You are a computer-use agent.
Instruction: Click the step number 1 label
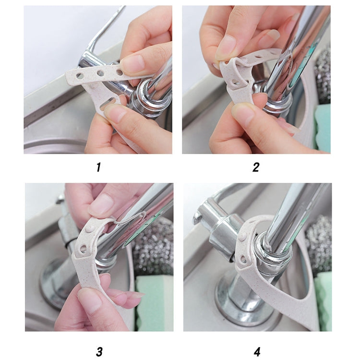coord(98,167)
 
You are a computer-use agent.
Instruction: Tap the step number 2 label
coord(256,167)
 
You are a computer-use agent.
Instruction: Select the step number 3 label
coord(99,352)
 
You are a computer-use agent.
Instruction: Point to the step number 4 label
coord(257,352)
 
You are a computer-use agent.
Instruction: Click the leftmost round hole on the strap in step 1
coord(80,76)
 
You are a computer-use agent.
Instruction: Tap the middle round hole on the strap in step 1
coord(100,73)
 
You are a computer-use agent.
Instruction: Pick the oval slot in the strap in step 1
coord(108,101)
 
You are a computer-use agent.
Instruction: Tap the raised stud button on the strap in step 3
coord(90,229)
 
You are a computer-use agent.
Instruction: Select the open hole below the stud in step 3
coord(84,249)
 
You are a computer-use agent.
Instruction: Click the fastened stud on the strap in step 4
coord(243,236)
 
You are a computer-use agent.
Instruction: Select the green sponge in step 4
coord(323,301)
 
